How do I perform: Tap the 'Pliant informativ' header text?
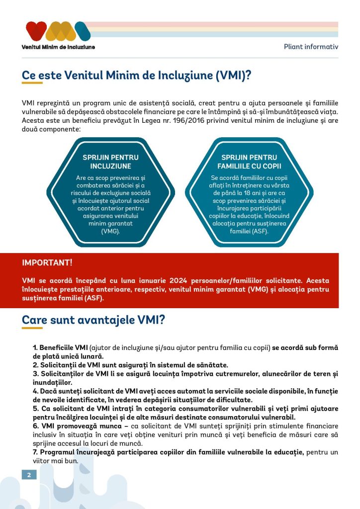pos(311,47)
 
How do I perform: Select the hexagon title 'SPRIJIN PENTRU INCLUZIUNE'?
pos(110,162)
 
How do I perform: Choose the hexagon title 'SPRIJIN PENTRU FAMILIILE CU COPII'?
pos(249,162)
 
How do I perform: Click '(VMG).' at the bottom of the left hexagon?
pos(110,231)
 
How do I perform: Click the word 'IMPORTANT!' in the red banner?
pos(47,262)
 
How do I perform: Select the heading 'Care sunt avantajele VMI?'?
pos(93,320)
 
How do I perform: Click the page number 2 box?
pos(29,475)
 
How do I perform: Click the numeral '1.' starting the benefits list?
pos(35,346)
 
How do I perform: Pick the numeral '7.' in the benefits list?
pos(36,452)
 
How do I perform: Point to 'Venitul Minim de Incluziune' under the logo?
pos(58,47)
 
